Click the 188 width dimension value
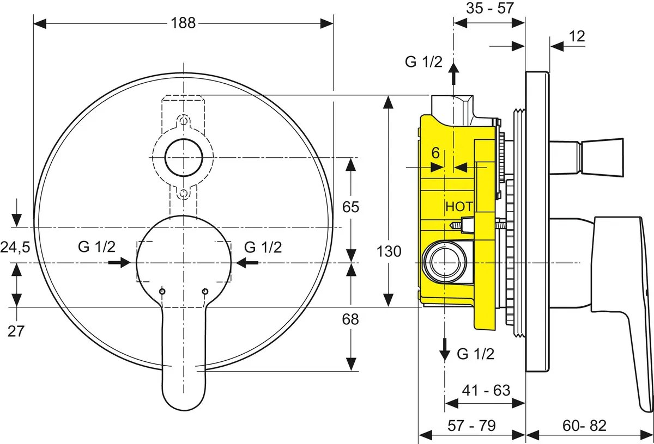184,22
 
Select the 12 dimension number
577,36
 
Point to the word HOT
459,207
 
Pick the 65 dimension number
350,207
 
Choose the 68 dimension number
350,319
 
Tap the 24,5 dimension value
15,248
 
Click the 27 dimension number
16,331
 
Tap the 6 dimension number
435,153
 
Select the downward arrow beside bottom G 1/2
445,349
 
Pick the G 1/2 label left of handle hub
96,247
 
